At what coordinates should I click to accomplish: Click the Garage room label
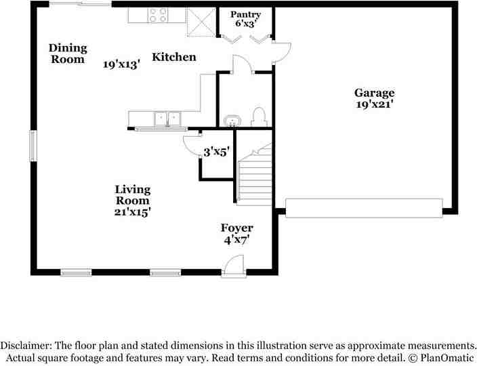click(374, 93)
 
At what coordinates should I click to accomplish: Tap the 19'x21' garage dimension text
click(374, 105)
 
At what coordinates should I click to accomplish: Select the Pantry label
click(245, 14)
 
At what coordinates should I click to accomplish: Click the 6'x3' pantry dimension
click(245, 24)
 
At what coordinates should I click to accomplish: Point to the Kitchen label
click(173, 58)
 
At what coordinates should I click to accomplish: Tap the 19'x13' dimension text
click(121, 64)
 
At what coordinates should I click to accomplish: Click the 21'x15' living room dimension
click(132, 211)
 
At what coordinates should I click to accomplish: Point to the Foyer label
click(237, 228)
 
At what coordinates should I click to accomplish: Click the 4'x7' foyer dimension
click(237, 240)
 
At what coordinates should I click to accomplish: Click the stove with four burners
click(159, 15)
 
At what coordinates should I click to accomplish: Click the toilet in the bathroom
click(258, 117)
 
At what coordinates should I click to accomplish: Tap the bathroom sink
click(232, 121)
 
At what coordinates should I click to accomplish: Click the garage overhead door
click(364, 207)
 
